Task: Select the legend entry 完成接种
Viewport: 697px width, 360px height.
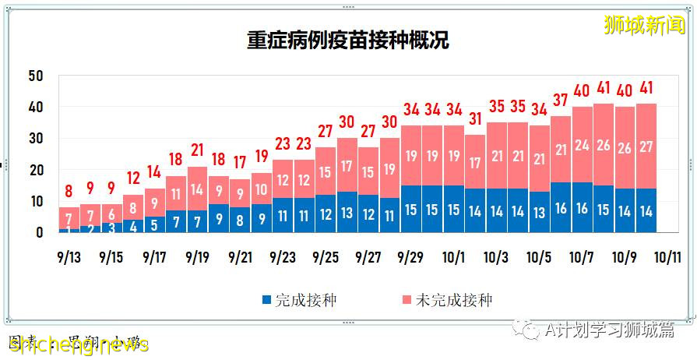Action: point(299,299)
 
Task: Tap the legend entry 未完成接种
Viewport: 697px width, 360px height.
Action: point(446,299)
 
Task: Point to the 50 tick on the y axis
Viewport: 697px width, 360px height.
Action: point(34,76)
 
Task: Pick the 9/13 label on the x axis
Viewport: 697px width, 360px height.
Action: point(69,256)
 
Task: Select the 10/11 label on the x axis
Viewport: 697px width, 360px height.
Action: point(667,256)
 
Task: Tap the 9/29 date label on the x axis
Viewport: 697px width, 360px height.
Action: point(410,256)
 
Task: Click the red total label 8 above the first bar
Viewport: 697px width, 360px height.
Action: point(69,191)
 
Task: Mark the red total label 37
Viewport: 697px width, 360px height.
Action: point(561,101)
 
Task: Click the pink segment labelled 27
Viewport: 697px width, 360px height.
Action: point(646,146)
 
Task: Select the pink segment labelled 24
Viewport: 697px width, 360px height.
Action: point(583,145)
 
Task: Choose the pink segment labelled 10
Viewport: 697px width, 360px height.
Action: point(262,189)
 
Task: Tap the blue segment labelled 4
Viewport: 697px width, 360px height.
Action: point(133,227)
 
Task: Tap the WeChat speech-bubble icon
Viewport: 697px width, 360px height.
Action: point(531,330)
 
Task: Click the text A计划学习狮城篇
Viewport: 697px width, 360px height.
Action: point(611,330)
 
